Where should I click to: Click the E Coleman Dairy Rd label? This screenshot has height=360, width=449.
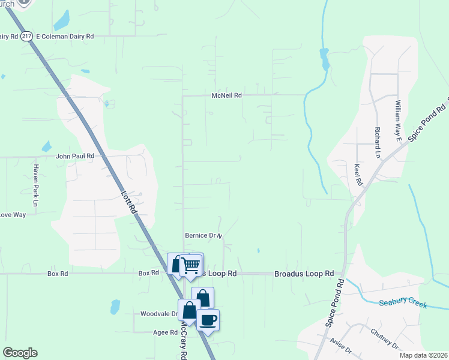[x=65, y=36]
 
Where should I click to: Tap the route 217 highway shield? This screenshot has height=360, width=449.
[x=26, y=36]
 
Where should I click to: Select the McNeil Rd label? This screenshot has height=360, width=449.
[x=226, y=95]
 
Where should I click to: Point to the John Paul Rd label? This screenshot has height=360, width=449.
[x=75, y=156]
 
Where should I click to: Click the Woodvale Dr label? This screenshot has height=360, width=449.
[x=158, y=314]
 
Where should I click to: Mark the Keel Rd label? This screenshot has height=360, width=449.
[x=358, y=174]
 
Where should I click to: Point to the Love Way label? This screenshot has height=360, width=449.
[x=12, y=214]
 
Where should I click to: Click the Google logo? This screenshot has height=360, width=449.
[x=20, y=353]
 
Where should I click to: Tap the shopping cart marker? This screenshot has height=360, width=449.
[x=191, y=265]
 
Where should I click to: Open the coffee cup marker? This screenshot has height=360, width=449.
[x=208, y=319]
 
